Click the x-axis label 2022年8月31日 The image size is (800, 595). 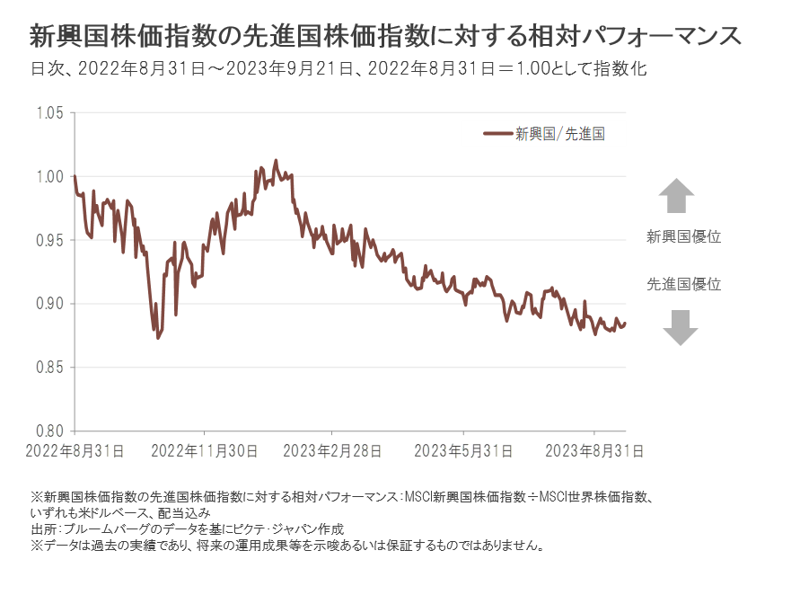click(75, 449)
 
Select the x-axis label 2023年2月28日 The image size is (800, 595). click(334, 449)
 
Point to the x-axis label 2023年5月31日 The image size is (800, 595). click(463, 449)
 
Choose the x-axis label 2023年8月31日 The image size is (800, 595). click(593, 449)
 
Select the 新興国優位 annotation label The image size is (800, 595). click(684, 237)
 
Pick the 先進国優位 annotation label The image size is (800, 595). click(684, 284)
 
